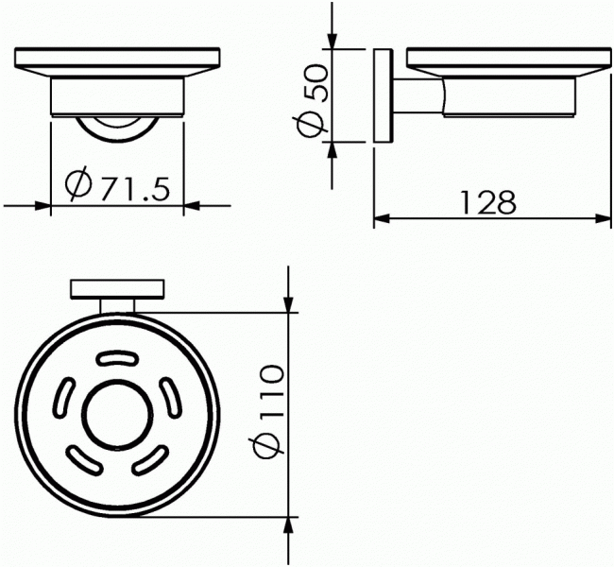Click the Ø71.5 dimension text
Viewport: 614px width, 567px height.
click(x=117, y=184)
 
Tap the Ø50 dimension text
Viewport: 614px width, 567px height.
click(x=312, y=101)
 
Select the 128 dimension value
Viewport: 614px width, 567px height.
click(x=488, y=202)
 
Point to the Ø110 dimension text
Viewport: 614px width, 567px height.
click(x=268, y=411)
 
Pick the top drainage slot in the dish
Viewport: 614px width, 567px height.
click(x=117, y=358)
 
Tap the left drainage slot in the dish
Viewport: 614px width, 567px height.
click(x=63, y=397)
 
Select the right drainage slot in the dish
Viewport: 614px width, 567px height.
click(x=172, y=396)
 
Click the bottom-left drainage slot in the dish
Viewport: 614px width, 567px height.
click(x=85, y=460)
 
